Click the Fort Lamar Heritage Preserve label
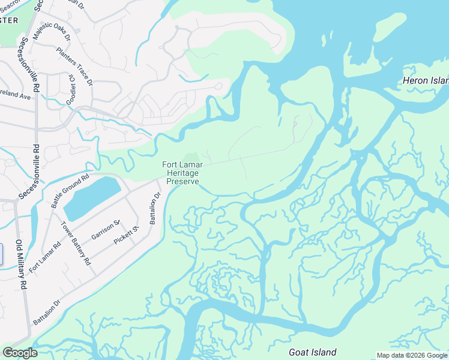coord(182,173)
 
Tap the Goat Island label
coord(312,352)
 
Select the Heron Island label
coord(426,80)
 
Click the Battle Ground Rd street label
coord(70,191)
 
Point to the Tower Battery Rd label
coord(76,244)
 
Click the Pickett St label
coord(127,236)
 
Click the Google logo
coord(20,353)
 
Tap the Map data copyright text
coord(412,355)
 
